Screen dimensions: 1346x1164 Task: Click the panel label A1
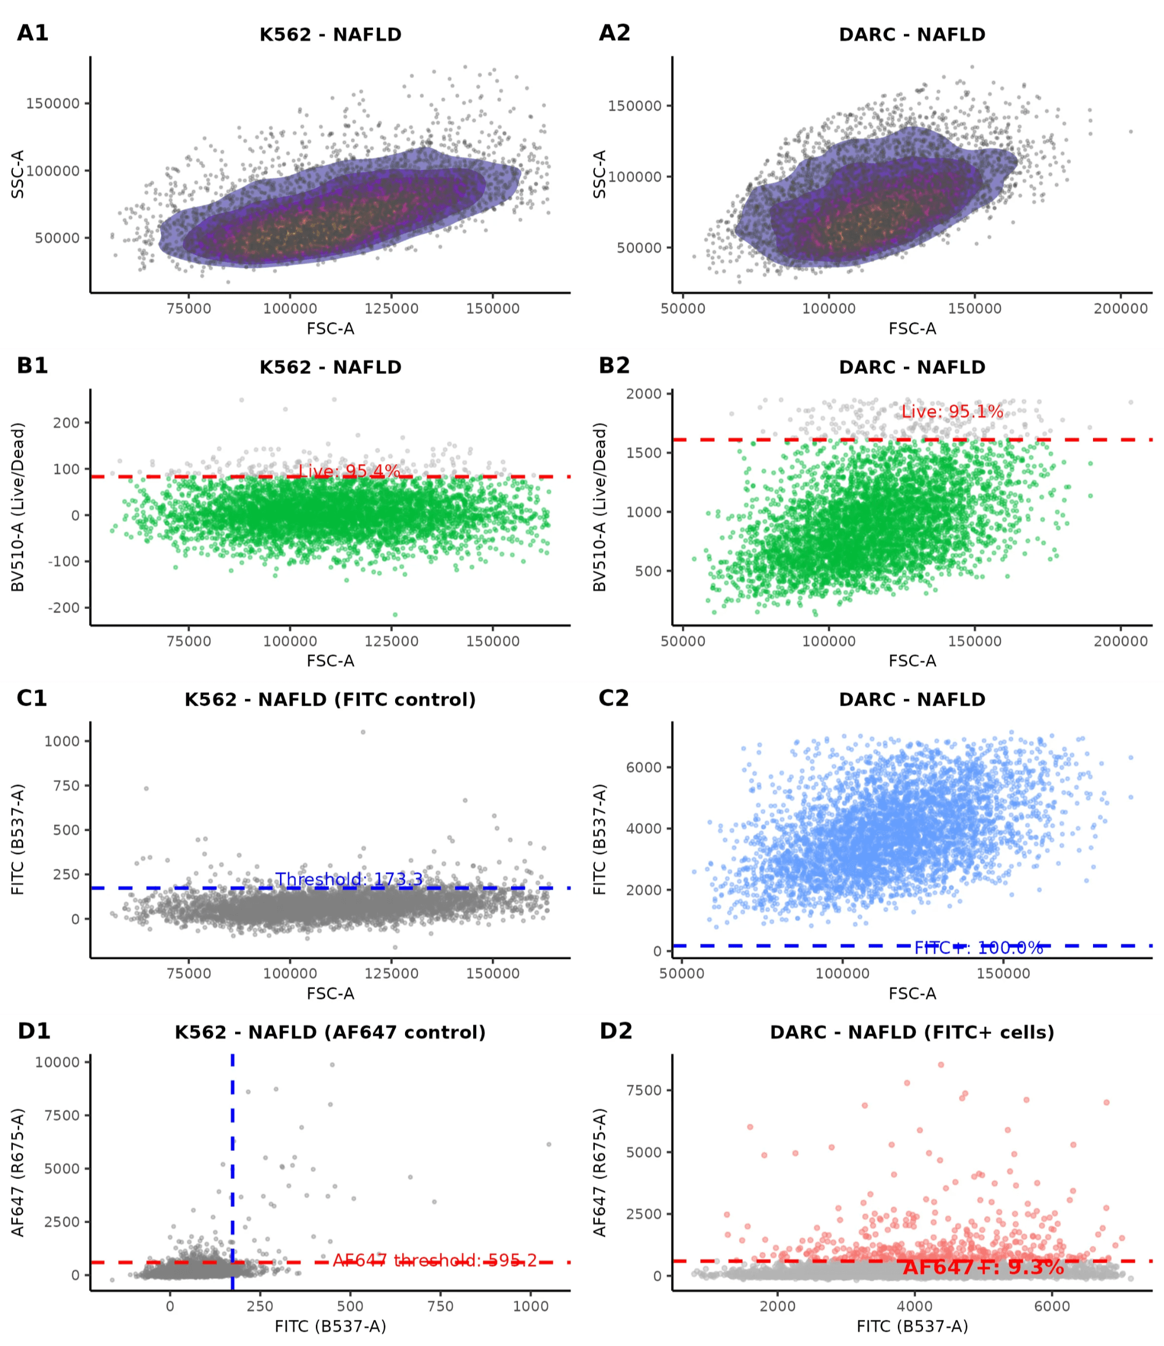pyautogui.click(x=33, y=33)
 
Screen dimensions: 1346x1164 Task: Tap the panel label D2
pyautogui.click(x=615, y=1031)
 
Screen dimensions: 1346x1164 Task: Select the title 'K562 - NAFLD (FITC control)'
pyautogui.click(x=330, y=700)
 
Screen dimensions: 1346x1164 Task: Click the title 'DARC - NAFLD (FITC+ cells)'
pyautogui.click(x=912, y=1032)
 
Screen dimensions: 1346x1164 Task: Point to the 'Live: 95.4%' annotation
pyautogui.click(x=349, y=471)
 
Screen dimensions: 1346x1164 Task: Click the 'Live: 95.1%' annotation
pyautogui.click(x=952, y=411)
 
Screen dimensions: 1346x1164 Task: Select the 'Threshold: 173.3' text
pyautogui.click(x=349, y=880)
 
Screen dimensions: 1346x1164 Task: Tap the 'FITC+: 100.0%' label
pyautogui.click(x=978, y=948)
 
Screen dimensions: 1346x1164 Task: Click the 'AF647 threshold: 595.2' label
pyautogui.click(x=435, y=1261)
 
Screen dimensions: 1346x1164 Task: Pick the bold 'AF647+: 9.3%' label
pyautogui.click(x=983, y=1267)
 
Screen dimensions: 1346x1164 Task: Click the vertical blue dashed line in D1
pyautogui.click(x=233, y=1143)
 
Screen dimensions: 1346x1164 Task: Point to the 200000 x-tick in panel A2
pyautogui.click(x=1120, y=309)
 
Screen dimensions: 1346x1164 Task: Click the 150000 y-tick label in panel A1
pyautogui.click(x=52, y=103)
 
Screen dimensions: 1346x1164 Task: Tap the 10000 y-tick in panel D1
pyautogui.click(x=57, y=1062)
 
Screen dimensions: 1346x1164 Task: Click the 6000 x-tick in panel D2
pyautogui.click(x=1052, y=1306)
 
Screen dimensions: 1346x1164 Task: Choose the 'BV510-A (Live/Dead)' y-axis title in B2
pyautogui.click(x=599, y=507)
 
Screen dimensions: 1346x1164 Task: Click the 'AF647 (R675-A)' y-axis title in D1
pyautogui.click(x=17, y=1173)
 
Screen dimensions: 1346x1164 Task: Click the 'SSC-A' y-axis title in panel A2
pyautogui.click(x=599, y=174)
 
